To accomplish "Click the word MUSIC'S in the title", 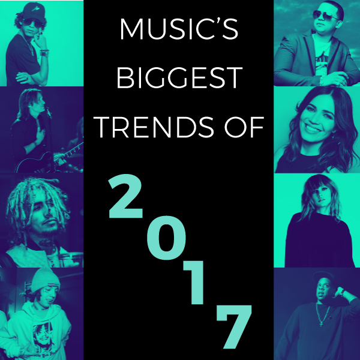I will coord(179,30).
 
